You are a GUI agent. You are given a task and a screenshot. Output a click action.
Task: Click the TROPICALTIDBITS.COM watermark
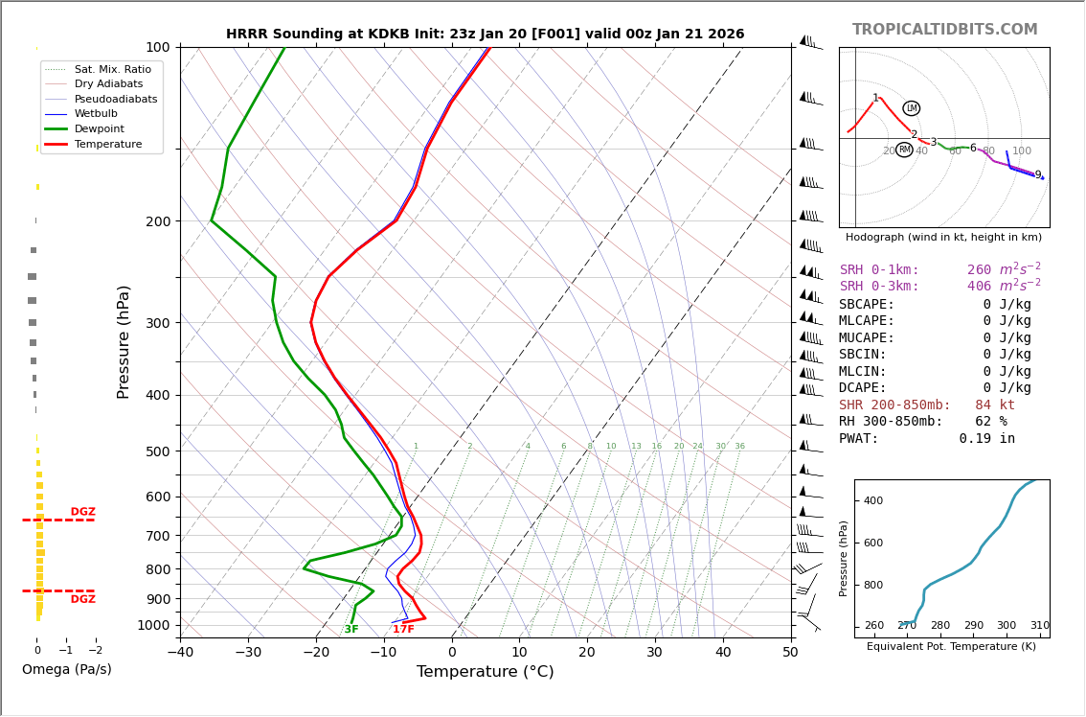(944, 30)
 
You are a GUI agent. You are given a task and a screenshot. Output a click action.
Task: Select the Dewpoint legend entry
(100, 128)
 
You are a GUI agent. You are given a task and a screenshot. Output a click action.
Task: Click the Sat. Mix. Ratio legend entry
(112, 69)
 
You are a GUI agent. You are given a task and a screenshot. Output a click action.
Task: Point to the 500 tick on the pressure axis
(157, 451)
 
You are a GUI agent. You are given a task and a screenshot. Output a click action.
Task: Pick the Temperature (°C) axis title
(485, 673)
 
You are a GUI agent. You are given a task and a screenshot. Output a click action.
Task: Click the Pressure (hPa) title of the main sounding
(124, 341)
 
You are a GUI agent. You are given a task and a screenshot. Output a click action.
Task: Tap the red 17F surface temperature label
(403, 630)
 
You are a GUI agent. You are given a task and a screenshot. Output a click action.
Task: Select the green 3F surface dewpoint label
(351, 630)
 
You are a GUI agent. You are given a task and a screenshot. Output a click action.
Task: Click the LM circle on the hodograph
(911, 108)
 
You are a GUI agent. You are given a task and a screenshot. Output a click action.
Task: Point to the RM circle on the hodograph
(904, 150)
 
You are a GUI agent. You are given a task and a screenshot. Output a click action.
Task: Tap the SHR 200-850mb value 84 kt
(994, 405)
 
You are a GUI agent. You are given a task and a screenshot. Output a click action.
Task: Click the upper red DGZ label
(82, 512)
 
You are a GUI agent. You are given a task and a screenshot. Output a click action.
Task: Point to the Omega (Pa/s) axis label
(66, 670)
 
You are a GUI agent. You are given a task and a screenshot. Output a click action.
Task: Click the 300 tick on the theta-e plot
(1006, 626)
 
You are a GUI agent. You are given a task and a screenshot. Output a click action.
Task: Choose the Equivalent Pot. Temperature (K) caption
(951, 647)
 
